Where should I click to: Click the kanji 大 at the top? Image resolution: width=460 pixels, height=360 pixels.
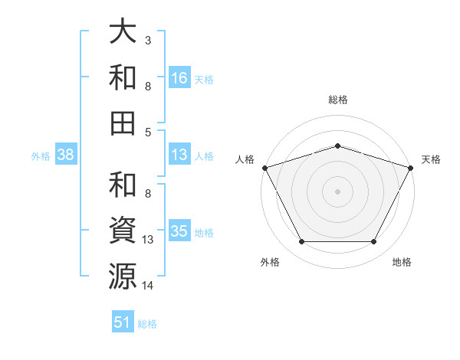click(x=123, y=33)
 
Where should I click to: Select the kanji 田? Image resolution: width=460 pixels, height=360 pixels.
click(x=123, y=123)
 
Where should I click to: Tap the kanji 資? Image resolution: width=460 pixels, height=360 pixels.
click(x=123, y=229)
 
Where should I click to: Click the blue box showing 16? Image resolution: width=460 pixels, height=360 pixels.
click(x=179, y=77)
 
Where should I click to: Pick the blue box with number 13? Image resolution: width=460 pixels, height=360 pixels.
click(x=179, y=155)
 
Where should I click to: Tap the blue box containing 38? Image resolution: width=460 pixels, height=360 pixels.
click(x=65, y=155)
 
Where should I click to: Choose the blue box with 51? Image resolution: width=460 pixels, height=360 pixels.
click(x=123, y=322)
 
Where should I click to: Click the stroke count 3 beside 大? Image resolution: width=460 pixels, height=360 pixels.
click(x=147, y=39)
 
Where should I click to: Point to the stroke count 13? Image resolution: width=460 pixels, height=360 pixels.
click(x=148, y=240)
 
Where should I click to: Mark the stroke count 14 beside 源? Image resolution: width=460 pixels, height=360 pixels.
click(x=148, y=286)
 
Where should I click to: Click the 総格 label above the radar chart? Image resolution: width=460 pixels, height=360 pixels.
click(x=337, y=100)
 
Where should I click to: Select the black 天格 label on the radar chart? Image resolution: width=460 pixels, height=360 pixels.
click(x=432, y=159)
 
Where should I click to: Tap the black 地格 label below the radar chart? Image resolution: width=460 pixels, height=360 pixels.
click(x=402, y=262)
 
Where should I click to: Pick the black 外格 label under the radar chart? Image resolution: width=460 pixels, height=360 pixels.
click(x=270, y=262)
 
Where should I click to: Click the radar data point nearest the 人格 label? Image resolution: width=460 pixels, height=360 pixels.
click(x=265, y=167)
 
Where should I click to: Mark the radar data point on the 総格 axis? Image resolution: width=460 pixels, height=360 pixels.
click(x=337, y=146)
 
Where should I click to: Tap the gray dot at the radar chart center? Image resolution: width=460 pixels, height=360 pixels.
click(x=337, y=191)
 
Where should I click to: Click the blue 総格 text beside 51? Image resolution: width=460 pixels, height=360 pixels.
click(x=147, y=324)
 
